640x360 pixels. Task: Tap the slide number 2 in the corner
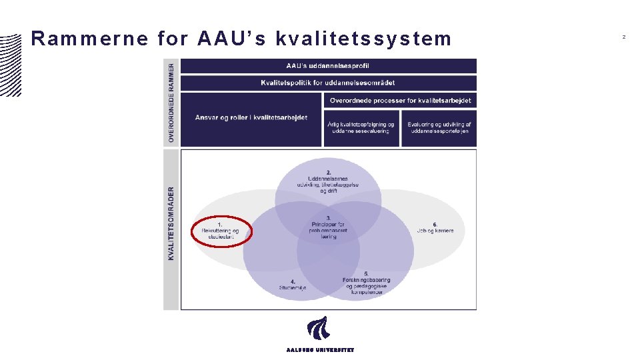tap(624, 37)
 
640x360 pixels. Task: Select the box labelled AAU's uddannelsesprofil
tap(328, 66)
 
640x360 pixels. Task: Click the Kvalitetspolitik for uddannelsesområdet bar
tap(328, 83)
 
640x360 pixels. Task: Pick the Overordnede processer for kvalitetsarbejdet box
tap(401, 101)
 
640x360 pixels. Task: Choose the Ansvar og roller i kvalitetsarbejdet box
tap(251, 119)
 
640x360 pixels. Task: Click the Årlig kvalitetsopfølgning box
tap(361, 128)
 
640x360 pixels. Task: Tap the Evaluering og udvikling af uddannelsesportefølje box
tap(439, 128)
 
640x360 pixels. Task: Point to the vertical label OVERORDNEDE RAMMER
tap(171, 103)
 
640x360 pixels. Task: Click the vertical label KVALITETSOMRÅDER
tap(171, 223)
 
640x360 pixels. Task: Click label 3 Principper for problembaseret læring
tap(328, 227)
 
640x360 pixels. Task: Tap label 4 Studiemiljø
tap(293, 285)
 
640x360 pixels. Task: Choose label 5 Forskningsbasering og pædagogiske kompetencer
tap(366, 283)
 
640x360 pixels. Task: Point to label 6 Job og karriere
tap(435, 228)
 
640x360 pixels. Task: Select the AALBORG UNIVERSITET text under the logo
tap(320, 350)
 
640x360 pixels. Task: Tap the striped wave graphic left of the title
tap(11, 63)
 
